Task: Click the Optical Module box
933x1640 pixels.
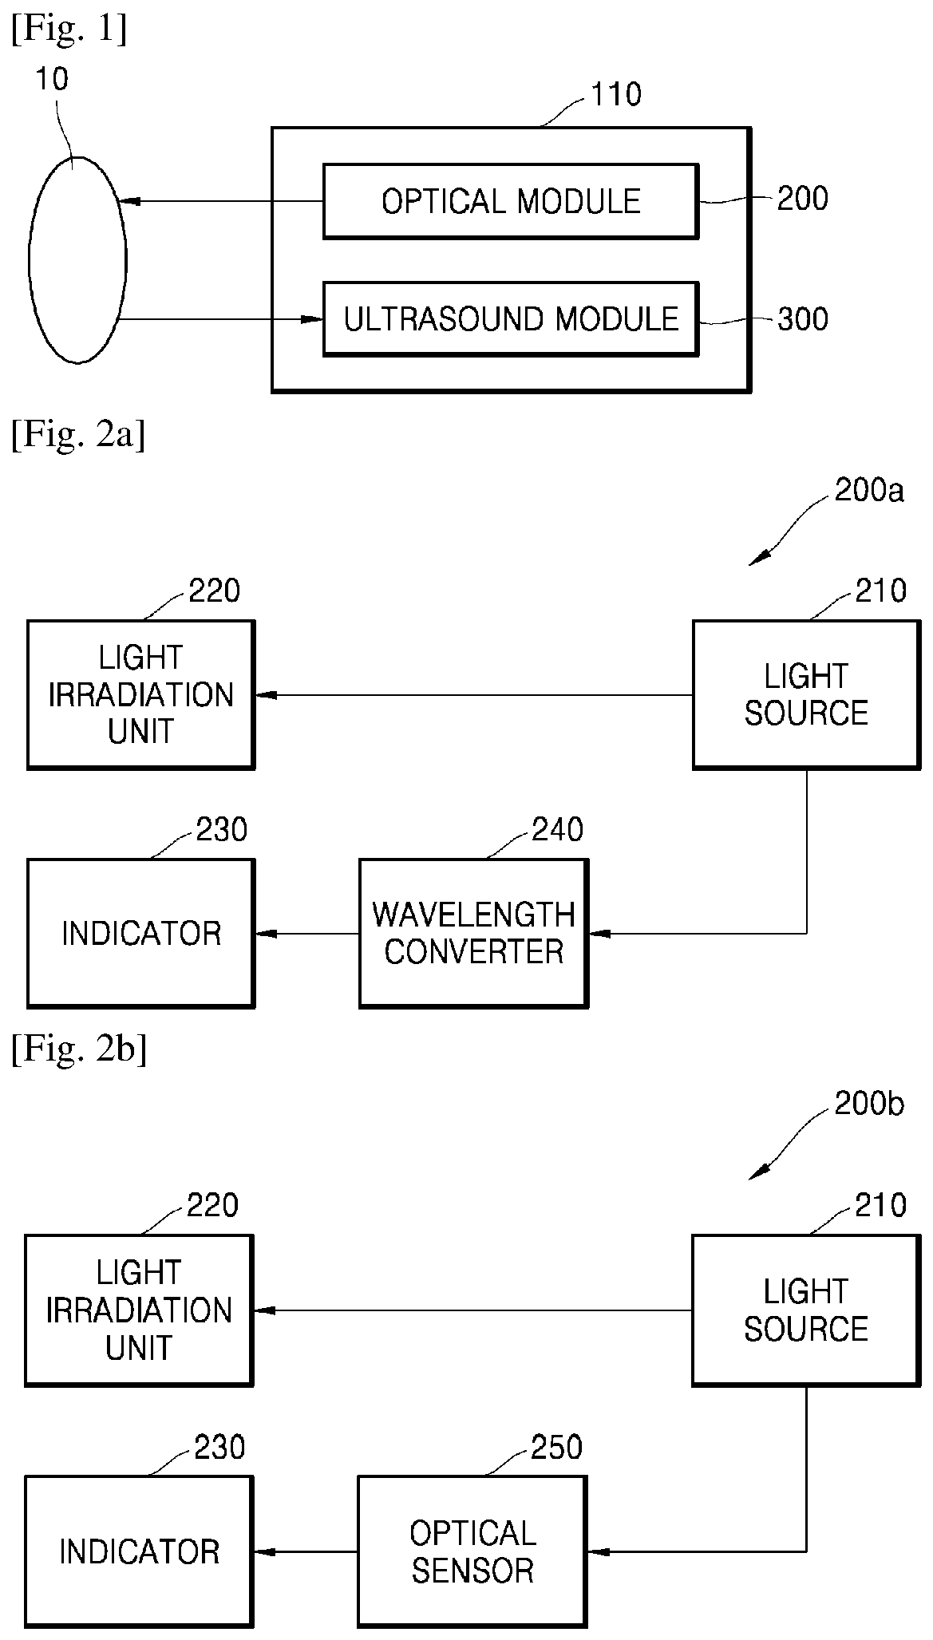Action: [511, 201]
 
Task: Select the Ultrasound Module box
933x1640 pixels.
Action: [511, 319]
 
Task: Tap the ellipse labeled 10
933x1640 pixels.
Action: [77, 259]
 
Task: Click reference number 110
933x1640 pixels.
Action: [615, 95]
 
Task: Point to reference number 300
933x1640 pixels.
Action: [803, 319]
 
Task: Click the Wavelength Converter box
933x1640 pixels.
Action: [474, 933]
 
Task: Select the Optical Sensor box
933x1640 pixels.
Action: [472, 1551]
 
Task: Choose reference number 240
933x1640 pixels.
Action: [557, 830]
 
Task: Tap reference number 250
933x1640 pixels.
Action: [556, 1447]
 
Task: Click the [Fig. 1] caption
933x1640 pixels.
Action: [69, 30]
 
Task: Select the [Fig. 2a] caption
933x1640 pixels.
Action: [78, 437]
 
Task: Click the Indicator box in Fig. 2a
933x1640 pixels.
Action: [141, 933]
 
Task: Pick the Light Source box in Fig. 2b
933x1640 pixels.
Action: [806, 1310]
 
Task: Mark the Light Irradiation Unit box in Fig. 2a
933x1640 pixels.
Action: [141, 694]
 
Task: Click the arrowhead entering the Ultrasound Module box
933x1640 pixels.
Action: [311, 320]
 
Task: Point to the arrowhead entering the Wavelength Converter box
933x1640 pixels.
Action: [599, 933]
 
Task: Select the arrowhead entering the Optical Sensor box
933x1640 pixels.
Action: [598, 1551]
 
